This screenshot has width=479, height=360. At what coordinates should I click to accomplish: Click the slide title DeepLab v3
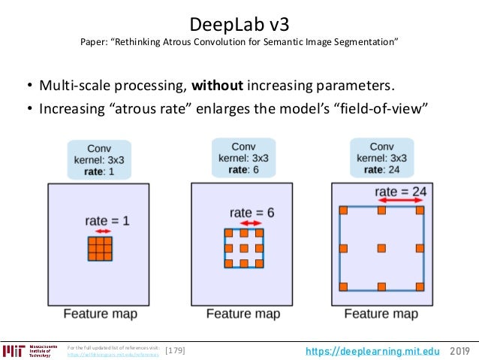click(x=239, y=21)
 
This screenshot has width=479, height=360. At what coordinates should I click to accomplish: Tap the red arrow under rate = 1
click(x=99, y=232)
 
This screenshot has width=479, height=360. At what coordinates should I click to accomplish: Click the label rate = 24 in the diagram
click(x=402, y=191)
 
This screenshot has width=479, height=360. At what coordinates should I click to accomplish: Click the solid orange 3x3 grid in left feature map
click(x=100, y=249)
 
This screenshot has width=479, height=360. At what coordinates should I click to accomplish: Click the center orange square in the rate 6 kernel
click(x=243, y=248)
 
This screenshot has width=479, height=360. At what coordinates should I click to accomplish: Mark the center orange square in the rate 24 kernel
click(x=381, y=248)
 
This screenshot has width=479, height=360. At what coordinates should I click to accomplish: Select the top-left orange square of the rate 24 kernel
click(x=344, y=210)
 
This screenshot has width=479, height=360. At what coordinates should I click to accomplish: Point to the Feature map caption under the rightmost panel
click(x=381, y=313)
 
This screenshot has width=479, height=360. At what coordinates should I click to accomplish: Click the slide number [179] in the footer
click(x=175, y=350)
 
